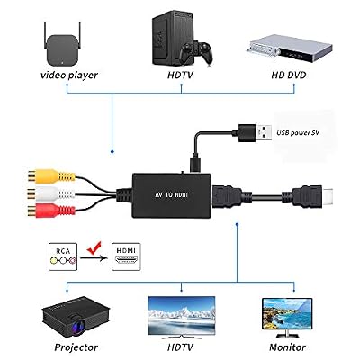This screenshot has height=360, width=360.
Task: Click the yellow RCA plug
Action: pyautogui.click(x=50, y=176)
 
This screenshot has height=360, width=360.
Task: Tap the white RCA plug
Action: pyautogui.click(x=50, y=193)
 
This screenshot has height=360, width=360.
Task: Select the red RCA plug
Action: pyautogui.click(x=50, y=211)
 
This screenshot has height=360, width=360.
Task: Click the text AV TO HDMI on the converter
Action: pyautogui.click(x=172, y=195)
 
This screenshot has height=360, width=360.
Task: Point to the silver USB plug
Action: pyautogui.click(x=264, y=132)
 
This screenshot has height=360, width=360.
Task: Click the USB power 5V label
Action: pyautogui.click(x=298, y=132)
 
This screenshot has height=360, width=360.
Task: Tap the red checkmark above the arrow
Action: pyautogui.click(x=94, y=247)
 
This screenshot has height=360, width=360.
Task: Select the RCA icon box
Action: pyautogui.click(x=63, y=256)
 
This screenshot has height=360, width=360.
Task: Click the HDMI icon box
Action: pyautogui.click(x=126, y=256)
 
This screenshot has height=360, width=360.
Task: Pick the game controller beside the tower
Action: pyautogui.click(x=198, y=52)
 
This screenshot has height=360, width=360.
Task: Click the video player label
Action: pyautogui.click(x=69, y=75)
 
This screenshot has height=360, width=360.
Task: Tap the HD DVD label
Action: pyautogui.click(x=289, y=75)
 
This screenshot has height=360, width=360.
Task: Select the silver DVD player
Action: pyautogui.click(x=290, y=48)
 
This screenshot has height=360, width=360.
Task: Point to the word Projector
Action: pyautogui.click(x=76, y=347)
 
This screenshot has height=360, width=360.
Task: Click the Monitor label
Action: pyautogui.click(x=287, y=347)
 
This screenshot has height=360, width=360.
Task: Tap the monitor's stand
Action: pyautogui.click(x=287, y=332)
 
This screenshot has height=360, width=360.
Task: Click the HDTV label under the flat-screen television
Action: pyautogui.click(x=180, y=347)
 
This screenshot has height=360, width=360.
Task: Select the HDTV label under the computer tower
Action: pyautogui.click(x=180, y=75)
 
